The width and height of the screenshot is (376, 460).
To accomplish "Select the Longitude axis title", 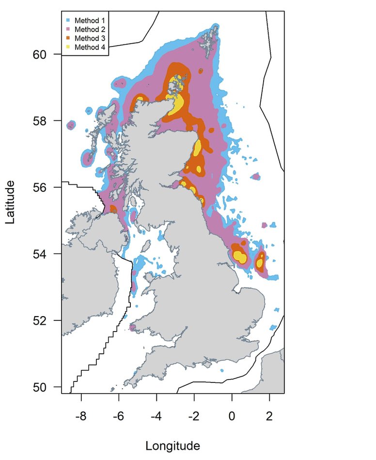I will point(173,445).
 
